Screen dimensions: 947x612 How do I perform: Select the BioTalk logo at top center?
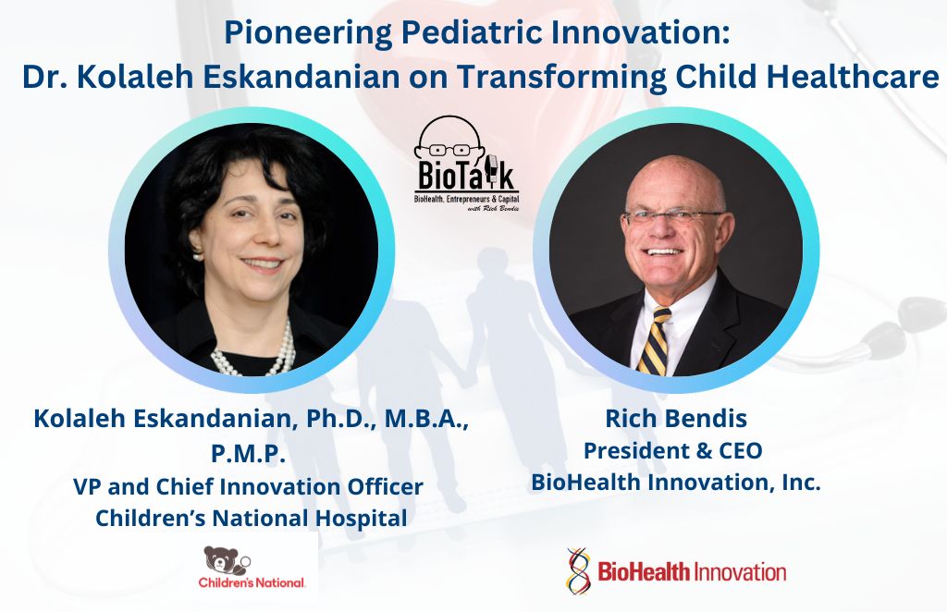pos(465,163)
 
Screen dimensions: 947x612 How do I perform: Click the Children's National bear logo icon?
pos(227,561)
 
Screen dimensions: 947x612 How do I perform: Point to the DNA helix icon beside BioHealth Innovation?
pos(578,571)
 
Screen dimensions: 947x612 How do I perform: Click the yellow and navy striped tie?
pos(655,341)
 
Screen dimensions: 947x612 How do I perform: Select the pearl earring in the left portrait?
pos(197,255)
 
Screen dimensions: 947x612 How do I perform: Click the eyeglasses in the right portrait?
pos(674,216)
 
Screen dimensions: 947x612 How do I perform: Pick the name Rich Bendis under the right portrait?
pos(676,418)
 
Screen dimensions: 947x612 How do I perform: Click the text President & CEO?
pos(673,450)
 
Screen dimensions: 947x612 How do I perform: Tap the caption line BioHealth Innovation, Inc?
pos(676,483)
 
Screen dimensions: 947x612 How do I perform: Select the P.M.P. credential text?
pos(248,454)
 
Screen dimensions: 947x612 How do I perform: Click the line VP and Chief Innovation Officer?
pos(248,486)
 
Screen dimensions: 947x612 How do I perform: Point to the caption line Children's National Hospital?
pos(252,518)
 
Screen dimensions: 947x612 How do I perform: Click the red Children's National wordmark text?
pos(252,583)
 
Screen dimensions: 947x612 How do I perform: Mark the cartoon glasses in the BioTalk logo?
pos(450,149)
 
